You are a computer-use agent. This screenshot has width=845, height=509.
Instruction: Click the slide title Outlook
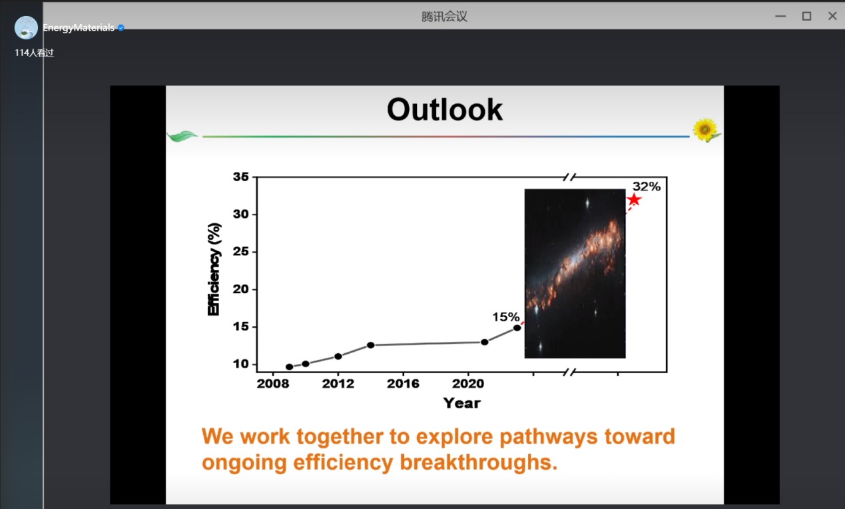[x=444, y=109]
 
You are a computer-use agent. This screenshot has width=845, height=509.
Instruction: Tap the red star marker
[x=634, y=199]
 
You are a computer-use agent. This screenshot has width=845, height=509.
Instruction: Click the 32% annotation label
[x=647, y=187]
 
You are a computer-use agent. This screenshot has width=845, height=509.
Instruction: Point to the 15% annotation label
[x=506, y=317]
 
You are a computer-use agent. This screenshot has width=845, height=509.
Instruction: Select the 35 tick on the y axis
[x=240, y=177]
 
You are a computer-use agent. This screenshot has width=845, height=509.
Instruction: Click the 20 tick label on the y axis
[x=240, y=289]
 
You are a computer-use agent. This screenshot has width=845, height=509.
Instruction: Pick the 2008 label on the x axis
[x=273, y=384]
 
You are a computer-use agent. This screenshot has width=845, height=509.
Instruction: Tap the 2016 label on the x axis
[x=403, y=384]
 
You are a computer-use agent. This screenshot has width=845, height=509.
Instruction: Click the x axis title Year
[x=461, y=403]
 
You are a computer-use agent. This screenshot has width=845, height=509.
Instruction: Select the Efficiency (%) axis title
[x=214, y=269]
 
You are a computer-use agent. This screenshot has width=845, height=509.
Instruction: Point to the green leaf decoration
[x=182, y=136]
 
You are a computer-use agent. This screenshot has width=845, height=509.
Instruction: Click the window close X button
[x=832, y=16]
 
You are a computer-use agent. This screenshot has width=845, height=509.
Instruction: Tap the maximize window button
[x=806, y=16]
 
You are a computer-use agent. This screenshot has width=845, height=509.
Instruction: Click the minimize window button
[x=780, y=16]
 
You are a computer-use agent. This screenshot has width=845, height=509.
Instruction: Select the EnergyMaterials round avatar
[x=26, y=27]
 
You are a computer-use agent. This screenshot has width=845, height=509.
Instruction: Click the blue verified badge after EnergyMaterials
[x=121, y=27]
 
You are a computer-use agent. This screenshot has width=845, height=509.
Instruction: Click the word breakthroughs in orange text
[x=478, y=462]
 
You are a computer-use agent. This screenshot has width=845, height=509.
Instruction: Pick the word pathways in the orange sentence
[x=549, y=437]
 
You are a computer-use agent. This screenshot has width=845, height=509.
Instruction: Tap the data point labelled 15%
[x=517, y=328]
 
